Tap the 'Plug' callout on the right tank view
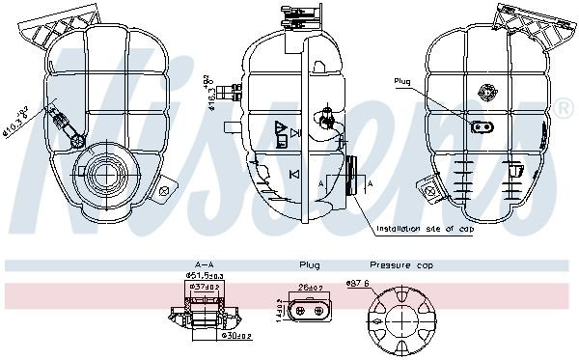coord(401,81)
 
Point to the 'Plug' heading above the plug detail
coord(309,264)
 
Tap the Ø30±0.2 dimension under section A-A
coord(235,336)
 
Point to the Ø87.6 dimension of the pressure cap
coord(360,283)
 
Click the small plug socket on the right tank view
coord(481,125)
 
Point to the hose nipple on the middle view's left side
coord(230,94)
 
